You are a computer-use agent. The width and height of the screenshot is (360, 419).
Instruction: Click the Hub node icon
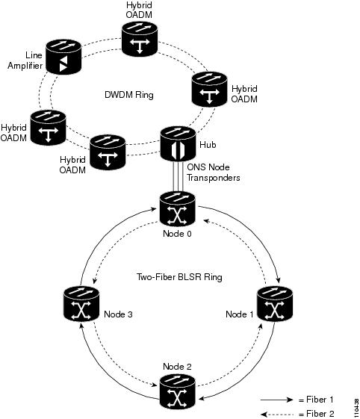click(x=178, y=143)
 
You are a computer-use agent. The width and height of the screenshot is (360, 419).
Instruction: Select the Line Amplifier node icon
click(x=63, y=57)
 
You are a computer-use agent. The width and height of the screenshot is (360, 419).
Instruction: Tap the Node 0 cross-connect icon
click(x=178, y=209)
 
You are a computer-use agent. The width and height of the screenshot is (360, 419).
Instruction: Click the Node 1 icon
click(x=275, y=303)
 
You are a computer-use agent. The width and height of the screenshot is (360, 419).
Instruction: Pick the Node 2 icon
click(x=178, y=391)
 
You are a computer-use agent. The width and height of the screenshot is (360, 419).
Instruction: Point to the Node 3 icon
click(x=81, y=303)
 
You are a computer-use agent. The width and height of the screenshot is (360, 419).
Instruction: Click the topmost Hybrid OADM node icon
click(x=140, y=39)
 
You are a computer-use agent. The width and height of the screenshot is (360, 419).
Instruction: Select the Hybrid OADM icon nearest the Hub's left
click(x=108, y=152)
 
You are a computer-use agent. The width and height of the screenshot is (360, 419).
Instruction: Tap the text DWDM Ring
click(x=129, y=95)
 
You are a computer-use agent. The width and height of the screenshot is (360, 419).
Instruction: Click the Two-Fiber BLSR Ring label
click(x=179, y=277)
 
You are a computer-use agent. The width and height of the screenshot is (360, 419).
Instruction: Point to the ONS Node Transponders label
click(x=214, y=173)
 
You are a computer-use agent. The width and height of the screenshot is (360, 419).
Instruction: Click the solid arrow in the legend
click(x=276, y=400)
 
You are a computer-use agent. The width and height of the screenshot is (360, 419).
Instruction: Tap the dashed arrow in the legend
click(x=276, y=415)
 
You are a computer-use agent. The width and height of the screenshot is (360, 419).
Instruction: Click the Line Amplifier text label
click(x=25, y=60)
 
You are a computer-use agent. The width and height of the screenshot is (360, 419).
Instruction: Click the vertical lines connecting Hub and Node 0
click(x=178, y=176)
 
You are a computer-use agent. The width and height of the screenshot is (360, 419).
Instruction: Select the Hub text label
click(x=208, y=145)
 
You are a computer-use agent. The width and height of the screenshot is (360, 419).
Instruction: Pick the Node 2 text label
click(x=177, y=367)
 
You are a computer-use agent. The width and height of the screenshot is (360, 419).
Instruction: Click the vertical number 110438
click(x=356, y=408)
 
